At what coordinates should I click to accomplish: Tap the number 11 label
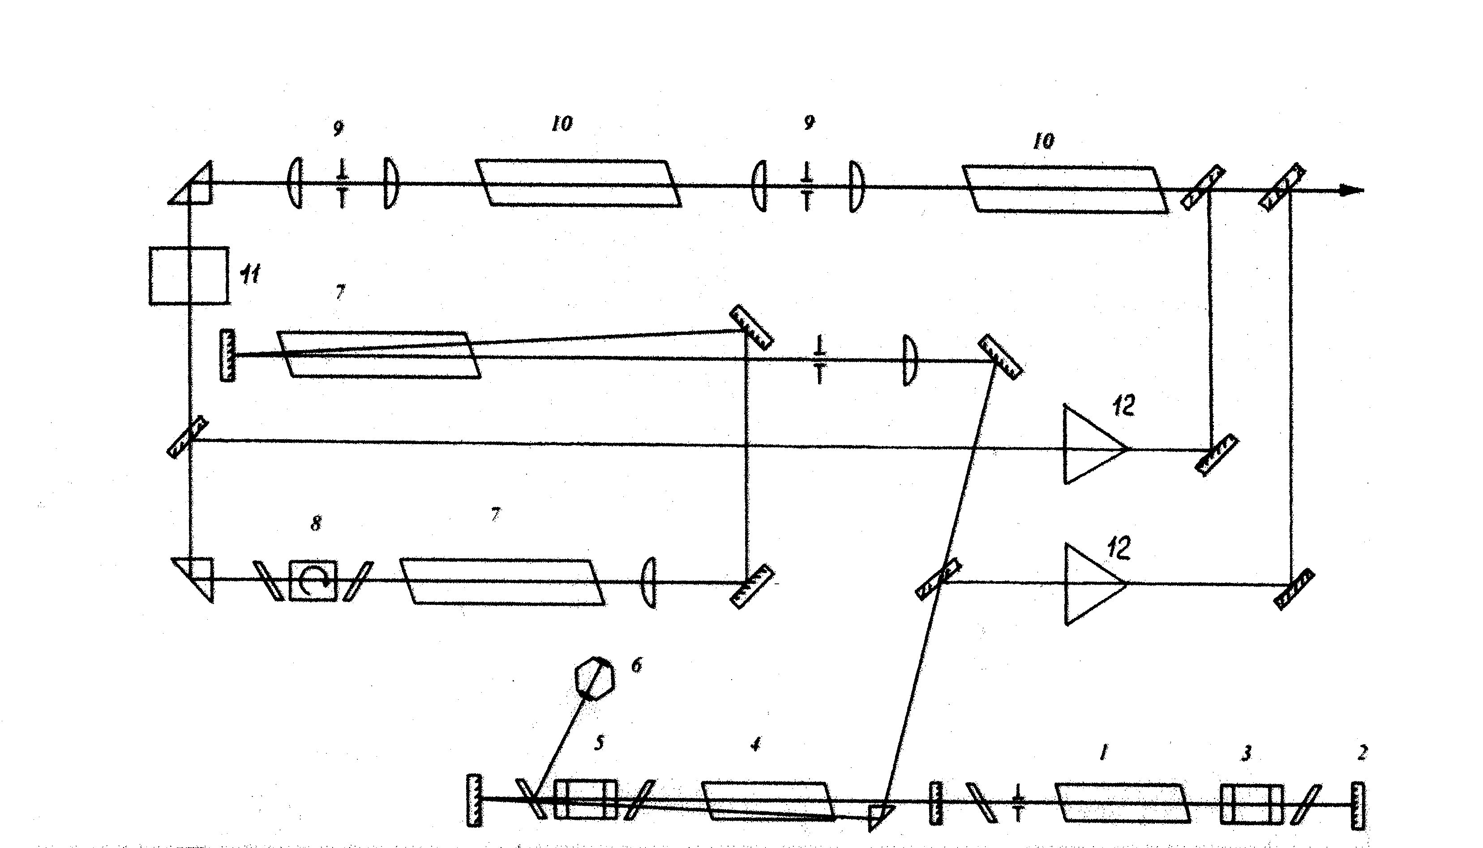pyautogui.click(x=250, y=273)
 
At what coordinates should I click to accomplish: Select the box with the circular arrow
pyautogui.click(x=313, y=580)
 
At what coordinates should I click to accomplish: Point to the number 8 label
pyautogui.click(x=316, y=523)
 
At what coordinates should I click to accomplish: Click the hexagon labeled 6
pyautogui.click(x=594, y=678)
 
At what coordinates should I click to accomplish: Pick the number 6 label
pyautogui.click(x=637, y=664)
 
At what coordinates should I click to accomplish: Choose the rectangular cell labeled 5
pyautogui.click(x=585, y=799)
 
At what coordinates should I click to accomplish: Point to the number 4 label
pyautogui.click(x=755, y=744)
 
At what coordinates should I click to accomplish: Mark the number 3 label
pyautogui.click(x=1247, y=753)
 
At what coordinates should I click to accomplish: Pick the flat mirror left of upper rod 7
pyautogui.click(x=227, y=355)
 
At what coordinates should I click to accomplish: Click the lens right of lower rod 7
pyautogui.click(x=649, y=582)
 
